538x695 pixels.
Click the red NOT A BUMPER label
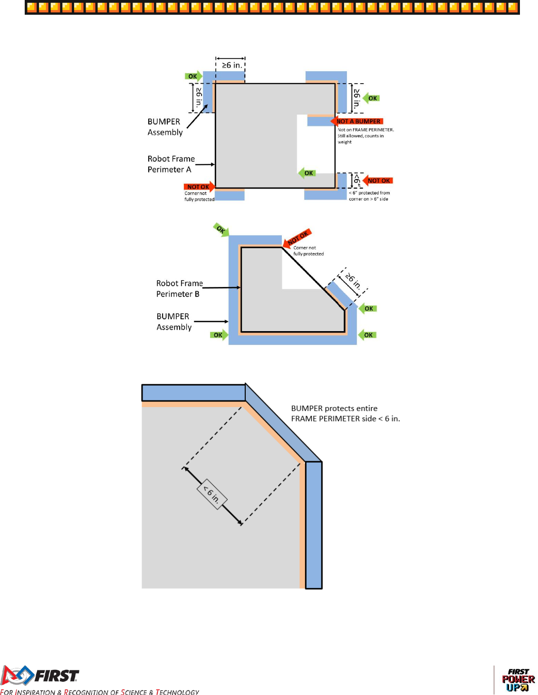(x=358, y=121)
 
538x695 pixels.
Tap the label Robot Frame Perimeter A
(x=171, y=164)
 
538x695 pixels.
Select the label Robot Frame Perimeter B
(x=179, y=288)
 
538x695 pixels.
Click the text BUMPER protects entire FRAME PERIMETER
(x=345, y=413)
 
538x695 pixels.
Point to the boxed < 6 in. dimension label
(x=212, y=494)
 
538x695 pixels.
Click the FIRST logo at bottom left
(x=40, y=675)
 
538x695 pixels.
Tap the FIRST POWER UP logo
(x=518, y=680)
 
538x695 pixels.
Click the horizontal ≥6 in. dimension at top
(x=231, y=65)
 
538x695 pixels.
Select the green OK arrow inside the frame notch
(x=307, y=173)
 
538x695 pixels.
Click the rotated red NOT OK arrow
(x=297, y=237)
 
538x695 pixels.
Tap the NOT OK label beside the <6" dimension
(x=378, y=181)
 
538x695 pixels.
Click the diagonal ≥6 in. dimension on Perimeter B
(x=353, y=281)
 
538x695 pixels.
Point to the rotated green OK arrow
(x=221, y=229)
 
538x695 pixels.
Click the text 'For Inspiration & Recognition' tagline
(x=100, y=692)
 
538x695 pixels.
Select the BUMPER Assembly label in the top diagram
(x=164, y=127)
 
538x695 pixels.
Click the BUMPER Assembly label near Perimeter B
(x=174, y=322)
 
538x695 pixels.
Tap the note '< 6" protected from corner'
(x=369, y=196)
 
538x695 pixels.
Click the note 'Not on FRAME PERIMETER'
(x=365, y=135)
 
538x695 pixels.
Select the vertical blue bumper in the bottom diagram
(x=314, y=525)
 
